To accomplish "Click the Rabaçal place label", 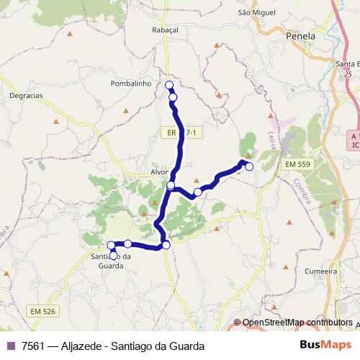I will (x=165, y=30).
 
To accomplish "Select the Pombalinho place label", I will (x=131, y=84).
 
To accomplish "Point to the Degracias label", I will (x=27, y=95).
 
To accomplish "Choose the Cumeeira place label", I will (x=321, y=271).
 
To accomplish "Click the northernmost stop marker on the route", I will (x=170, y=86).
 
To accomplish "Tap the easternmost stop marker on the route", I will (x=249, y=167).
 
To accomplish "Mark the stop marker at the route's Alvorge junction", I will (x=171, y=186).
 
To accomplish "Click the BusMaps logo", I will (x=326, y=346).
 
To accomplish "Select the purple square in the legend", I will (x=11, y=346).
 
